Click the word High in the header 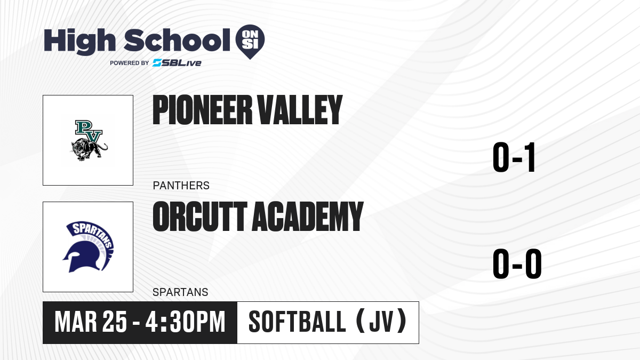(x=79, y=41)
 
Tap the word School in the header (x=177, y=40)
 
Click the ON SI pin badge (x=250, y=42)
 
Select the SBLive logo (x=177, y=63)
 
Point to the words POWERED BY (x=130, y=63)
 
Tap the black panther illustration (x=90, y=149)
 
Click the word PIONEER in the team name (x=202, y=110)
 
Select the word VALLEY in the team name (x=300, y=110)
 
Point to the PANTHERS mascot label (x=181, y=186)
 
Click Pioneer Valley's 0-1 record (x=514, y=157)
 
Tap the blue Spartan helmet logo (x=88, y=247)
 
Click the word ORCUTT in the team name (x=200, y=217)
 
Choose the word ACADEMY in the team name (x=308, y=217)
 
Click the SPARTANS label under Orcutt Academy (x=180, y=292)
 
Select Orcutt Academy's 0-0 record (x=517, y=263)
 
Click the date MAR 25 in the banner (x=91, y=322)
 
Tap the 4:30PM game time (x=186, y=322)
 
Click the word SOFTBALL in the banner (x=297, y=322)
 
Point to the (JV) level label (x=382, y=322)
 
